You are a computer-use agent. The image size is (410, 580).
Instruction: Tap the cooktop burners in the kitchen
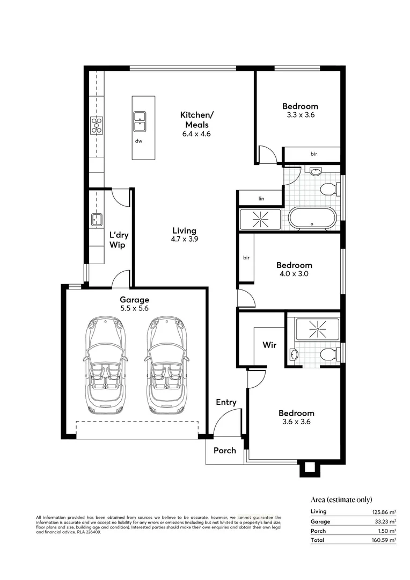pyautogui.click(x=97, y=125)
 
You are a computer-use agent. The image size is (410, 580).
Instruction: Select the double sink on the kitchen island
pyautogui.click(x=140, y=121)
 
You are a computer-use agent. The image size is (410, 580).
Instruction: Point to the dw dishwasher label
pyautogui.click(x=138, y=141)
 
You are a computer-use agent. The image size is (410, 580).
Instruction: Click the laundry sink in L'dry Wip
pyautogui.click(x=97, y=219)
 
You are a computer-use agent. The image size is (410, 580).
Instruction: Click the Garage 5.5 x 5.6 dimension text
pyautogui.click(x=134, y=308)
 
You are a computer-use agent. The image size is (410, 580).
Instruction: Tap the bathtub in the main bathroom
pyautogui.click(x=313, y=219)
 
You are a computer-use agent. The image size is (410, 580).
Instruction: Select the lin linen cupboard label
pyautogui.click(x=261, y=199)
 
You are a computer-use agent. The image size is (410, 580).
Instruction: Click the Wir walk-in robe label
pyautogui.click(x=269, y=345)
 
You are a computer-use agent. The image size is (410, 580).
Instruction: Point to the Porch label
pyautogui.click(x=224, y=450)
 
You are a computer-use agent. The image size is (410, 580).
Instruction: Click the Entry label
pyautogui.click(x=226, y=402)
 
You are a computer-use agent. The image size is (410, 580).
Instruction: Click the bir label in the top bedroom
pyautogui.click(x=314, y=154)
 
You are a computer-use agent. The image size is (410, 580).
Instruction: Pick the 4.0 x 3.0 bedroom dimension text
pyautogui.click(x=294, y=273)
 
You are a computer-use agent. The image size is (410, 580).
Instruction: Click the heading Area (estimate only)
pyautogui.click(x=341, y=499)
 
